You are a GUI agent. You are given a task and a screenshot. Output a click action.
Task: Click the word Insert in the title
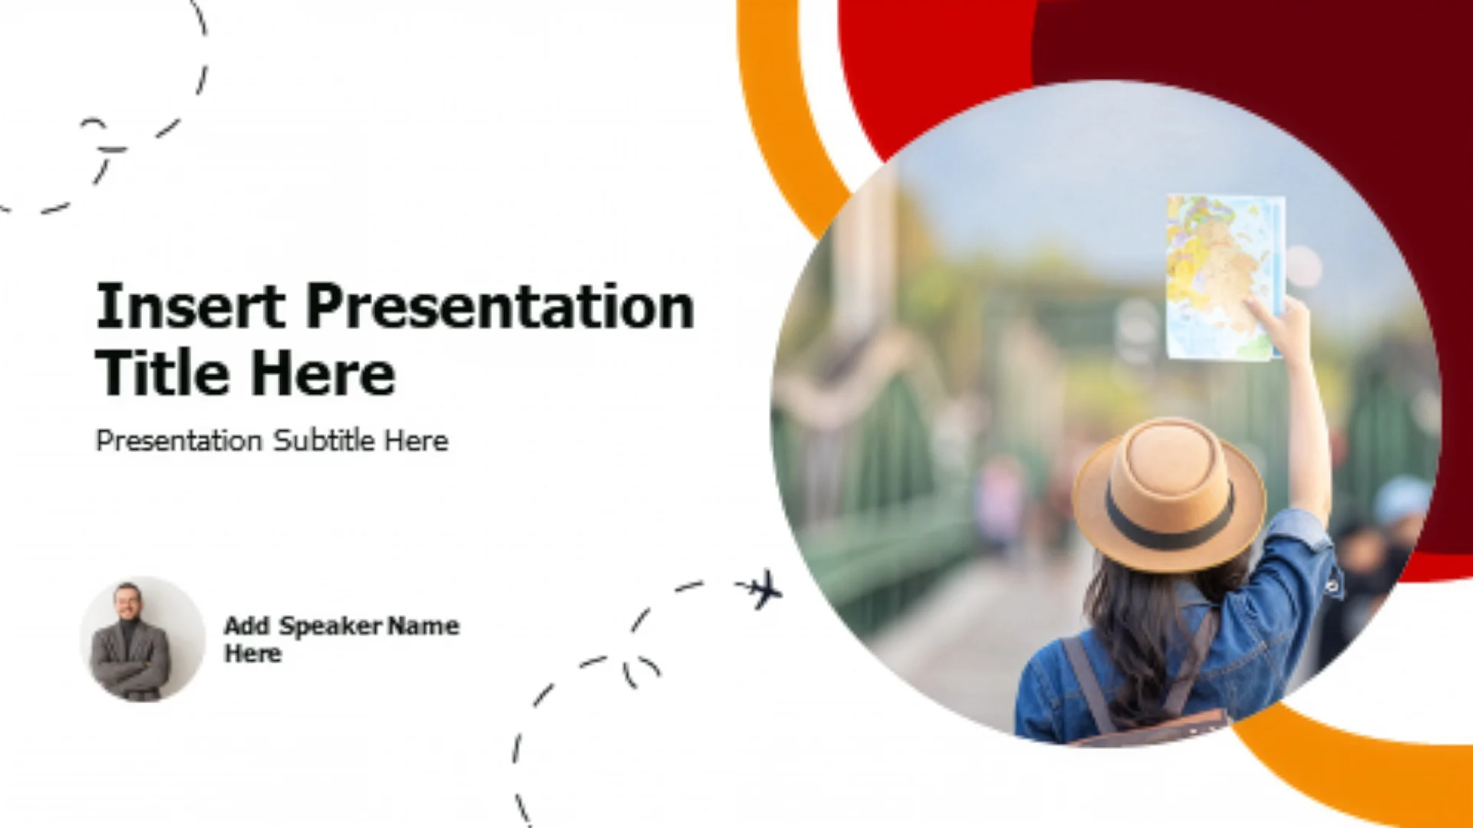tap(190, 306)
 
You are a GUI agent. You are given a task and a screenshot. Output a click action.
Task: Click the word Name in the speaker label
tap(423, 626)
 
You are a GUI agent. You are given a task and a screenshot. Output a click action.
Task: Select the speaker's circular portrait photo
tap(143, 639)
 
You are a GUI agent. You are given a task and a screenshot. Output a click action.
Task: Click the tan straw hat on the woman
tap(1168, 495)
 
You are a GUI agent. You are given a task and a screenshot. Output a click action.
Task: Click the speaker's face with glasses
tap(127, 603)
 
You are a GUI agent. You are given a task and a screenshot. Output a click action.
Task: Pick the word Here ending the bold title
tap(323, 373)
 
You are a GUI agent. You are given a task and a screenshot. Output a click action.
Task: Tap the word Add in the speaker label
tap(247, 626)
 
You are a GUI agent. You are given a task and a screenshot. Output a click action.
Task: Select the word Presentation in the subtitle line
tap(179, 441)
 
